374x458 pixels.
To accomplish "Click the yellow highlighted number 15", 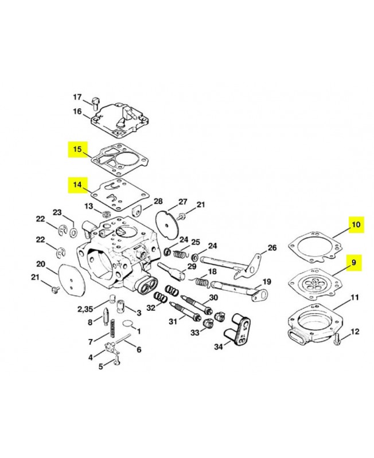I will [76, 150].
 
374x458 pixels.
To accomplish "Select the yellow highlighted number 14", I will [76, 185].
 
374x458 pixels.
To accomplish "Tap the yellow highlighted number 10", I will [356, 225].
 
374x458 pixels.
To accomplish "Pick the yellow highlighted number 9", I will [354, 263].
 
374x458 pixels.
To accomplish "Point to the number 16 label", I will [77, 112].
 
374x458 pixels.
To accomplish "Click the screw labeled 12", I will [337, 339].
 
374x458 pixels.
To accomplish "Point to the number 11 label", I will [354, 298].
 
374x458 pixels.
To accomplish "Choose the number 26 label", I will [272, 248].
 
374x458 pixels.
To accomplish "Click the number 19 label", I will [266, 281].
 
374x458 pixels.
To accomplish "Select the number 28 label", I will [158, 202].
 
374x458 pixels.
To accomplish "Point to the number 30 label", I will [213, 298].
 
